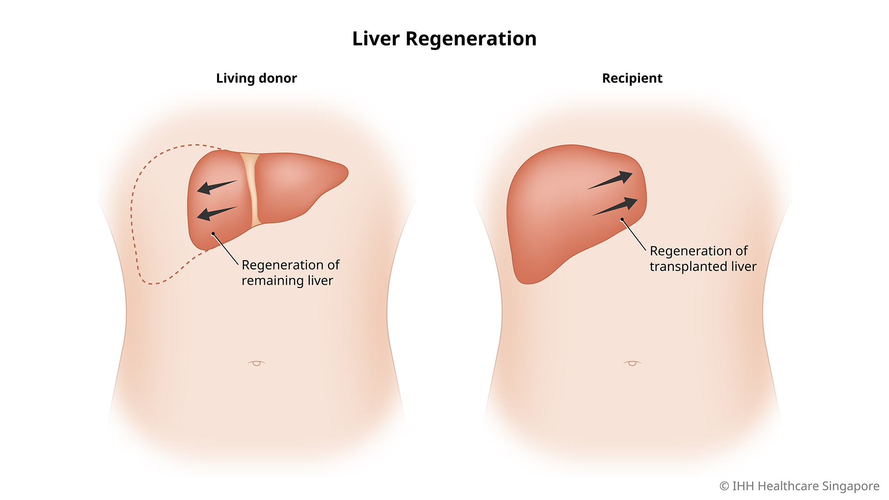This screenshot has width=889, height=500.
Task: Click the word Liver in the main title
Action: coord(376,39)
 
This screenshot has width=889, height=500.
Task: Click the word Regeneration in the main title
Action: coord(471,39)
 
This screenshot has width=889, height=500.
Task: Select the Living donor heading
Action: coord(256,78)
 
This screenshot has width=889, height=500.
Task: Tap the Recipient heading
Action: coord(632,78)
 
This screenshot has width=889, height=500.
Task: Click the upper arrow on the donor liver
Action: coord(216,187)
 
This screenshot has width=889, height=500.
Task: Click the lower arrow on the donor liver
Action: coord(216,213)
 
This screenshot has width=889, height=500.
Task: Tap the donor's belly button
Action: coord(257,363)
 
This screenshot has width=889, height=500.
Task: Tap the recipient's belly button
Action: coord(632,363)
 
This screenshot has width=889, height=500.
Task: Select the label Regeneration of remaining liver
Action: coord(290,273)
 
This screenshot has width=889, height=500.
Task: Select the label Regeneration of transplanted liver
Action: coord(702,259)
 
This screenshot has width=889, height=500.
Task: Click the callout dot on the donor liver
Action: coord(213,233)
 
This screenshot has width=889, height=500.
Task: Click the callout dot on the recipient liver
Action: coord(622,219)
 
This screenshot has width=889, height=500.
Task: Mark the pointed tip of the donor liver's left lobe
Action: coord(346,172)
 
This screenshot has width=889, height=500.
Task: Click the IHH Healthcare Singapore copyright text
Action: coord(805,486)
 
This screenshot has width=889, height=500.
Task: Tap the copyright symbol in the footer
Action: coord(724,486)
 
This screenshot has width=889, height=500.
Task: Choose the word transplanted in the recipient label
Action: coord(688,267)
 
